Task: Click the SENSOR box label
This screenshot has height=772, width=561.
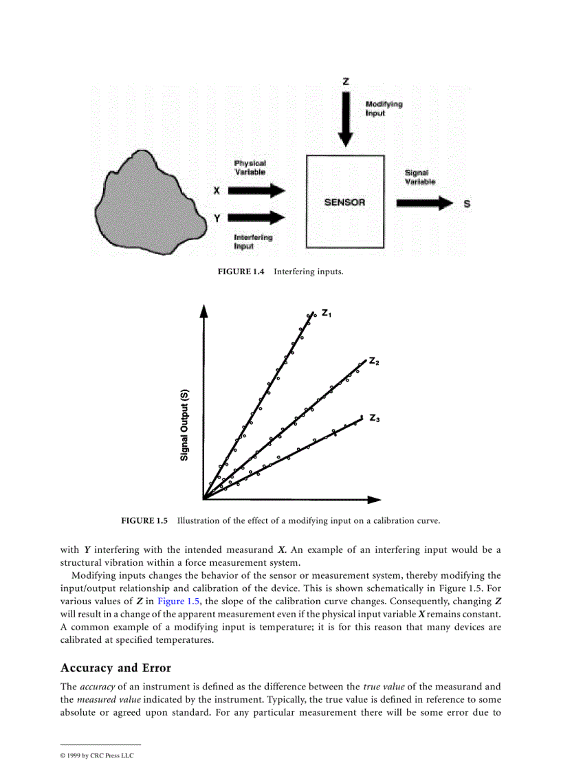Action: [344, 203]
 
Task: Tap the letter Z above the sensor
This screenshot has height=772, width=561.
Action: [345, 81]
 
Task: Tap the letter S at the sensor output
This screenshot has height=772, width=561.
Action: [467, 204]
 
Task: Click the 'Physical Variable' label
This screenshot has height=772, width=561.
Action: [250, 168]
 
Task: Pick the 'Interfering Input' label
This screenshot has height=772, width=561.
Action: [252, 242]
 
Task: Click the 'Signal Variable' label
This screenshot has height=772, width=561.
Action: [419, 177]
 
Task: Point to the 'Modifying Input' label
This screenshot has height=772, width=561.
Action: [384, 109]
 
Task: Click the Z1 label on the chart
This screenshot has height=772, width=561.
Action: [327, 313]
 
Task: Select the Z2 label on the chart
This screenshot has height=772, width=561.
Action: [375, 360]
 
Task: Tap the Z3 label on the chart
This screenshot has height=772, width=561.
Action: [375, 417]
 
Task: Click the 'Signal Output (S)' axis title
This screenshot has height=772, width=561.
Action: [185, 426]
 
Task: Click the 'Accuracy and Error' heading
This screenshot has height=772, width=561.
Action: [115, 668]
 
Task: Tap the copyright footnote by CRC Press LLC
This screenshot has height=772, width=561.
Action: [97, 756]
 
